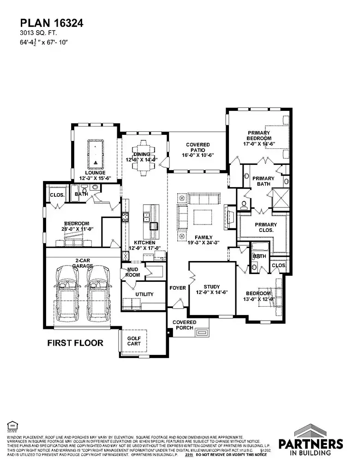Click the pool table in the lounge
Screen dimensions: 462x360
point(96,155)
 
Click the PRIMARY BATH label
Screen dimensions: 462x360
point(263,182)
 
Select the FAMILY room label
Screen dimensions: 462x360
point(203,237)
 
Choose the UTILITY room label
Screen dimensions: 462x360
point(144,294)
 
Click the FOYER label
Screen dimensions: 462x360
point(178,288)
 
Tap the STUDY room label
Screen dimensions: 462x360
point(212,289)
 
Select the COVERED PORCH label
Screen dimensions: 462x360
point(184,325)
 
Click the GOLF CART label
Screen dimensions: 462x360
point(134,341)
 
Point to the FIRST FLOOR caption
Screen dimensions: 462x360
point(75,343)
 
